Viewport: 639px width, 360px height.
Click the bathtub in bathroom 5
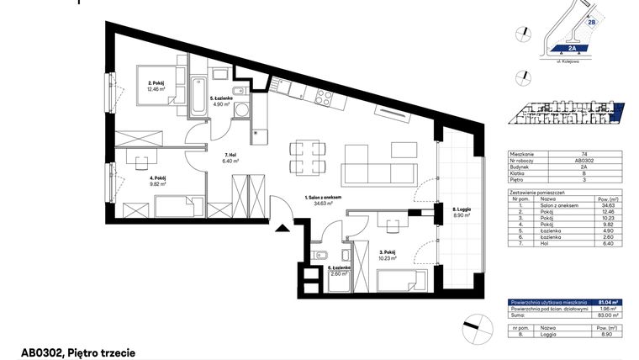(200, 99)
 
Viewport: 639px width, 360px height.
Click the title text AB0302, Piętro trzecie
(78, 351)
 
